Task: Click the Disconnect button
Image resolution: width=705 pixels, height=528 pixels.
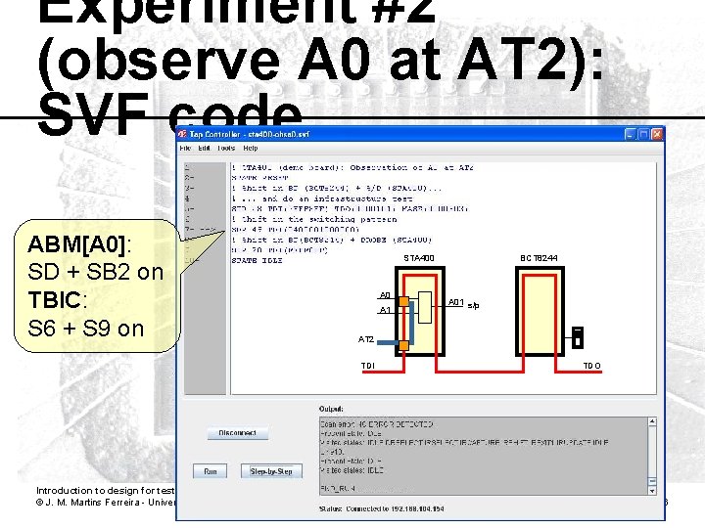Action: coord(237,432)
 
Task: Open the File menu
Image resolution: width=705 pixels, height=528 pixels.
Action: coord(184,148)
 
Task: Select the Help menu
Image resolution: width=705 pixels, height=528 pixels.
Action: coord(251,148)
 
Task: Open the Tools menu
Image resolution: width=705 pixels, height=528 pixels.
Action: coord(226,148)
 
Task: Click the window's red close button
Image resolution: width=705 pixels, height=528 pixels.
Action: coord(657,133)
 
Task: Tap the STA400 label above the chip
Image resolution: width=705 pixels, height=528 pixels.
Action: coord(419,258)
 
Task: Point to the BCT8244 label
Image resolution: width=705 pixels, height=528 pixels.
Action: coord(539,258)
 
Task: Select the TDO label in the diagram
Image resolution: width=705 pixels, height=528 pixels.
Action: coord(592,366)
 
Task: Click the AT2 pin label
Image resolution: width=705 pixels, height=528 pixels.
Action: coord(366,338)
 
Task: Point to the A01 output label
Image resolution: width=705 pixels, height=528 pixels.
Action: coord(454,302)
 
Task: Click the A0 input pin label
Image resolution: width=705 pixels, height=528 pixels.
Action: coord(385,294)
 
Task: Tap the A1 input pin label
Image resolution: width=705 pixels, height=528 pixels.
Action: coord(385,310)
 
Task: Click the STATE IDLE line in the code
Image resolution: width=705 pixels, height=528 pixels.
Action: coord(257,259)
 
